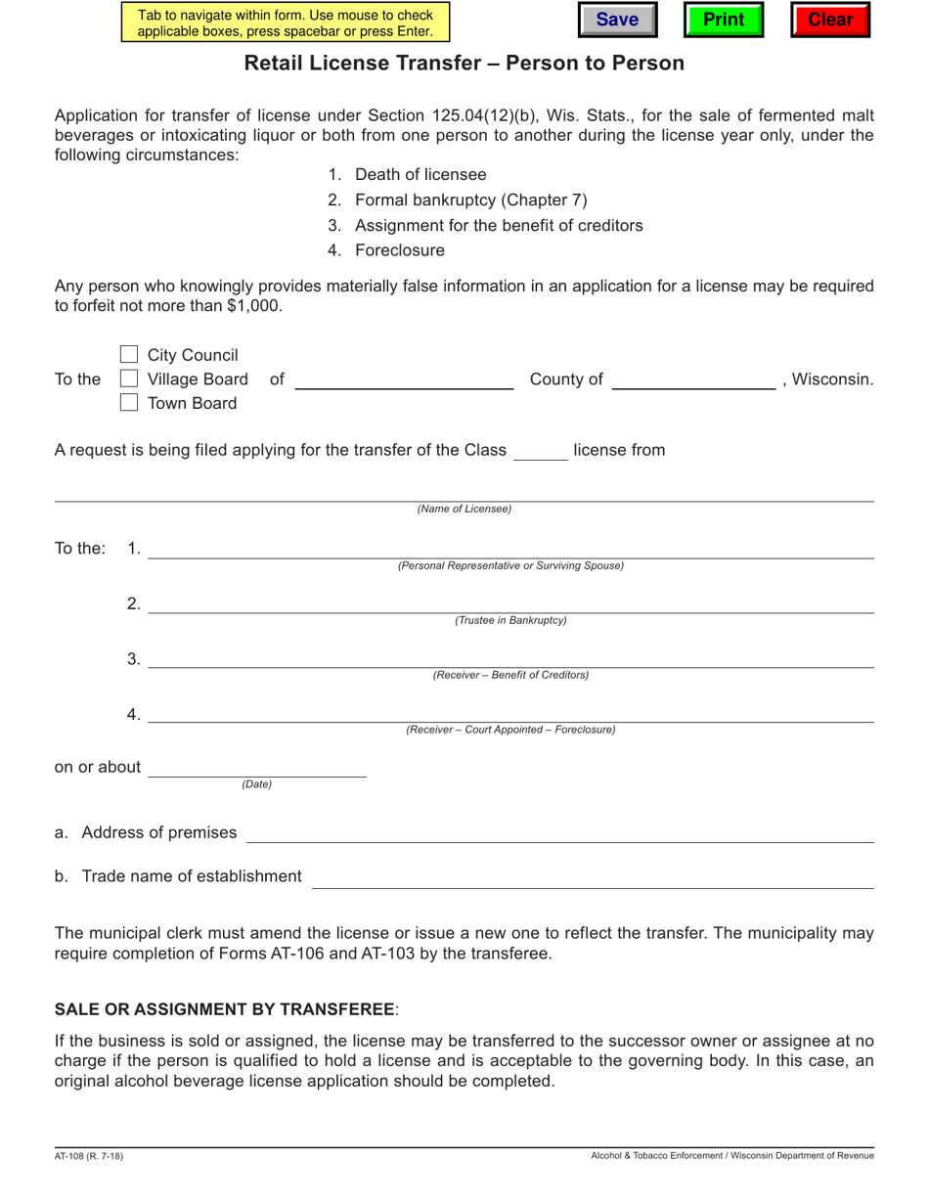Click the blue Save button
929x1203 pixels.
(x=617, y=21)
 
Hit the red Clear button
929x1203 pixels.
(x=830, y=21)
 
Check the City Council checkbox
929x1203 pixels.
(x=129, y=354)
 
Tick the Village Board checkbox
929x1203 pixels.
(x=129, y=379)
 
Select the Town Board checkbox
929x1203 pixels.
(x=129, y=403)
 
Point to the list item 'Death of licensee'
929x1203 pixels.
(x=420, y=175)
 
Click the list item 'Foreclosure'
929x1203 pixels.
(x=399, y=250)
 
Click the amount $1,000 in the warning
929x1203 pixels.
(x=252, y=305)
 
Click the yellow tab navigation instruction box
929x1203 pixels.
(x=286, y=22)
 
